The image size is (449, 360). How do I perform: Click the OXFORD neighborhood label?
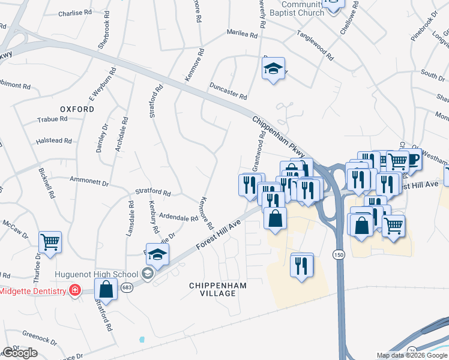click(x=77, y=109)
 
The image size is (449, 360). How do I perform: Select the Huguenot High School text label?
click(x=96, y=274)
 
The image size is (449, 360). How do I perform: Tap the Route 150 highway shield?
click(x=339, y=254)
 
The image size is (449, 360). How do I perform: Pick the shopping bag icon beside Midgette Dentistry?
click(x=106, y=289)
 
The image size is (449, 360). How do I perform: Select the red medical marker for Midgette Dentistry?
click(x=74, y=291)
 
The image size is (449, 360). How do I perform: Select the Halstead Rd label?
click(x=54, y=141)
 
